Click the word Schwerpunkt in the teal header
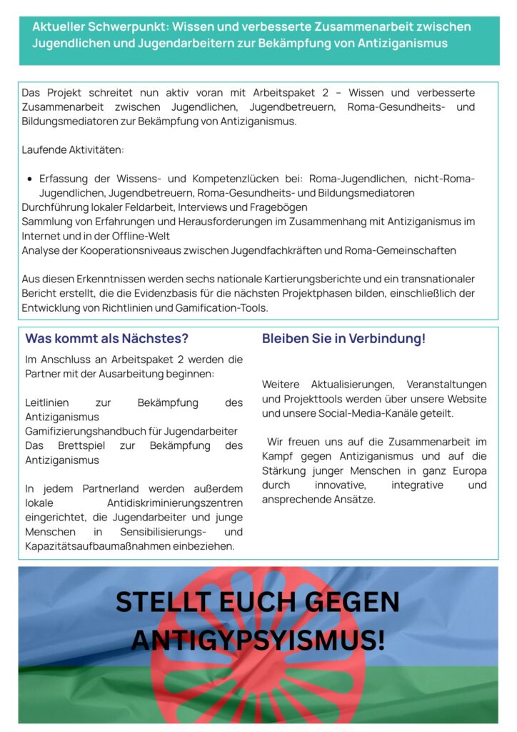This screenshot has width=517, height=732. tap(118, 26)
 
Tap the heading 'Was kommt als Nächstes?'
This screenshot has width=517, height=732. tap(106, 339)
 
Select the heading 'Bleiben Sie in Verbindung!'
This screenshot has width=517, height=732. tap(343, 339)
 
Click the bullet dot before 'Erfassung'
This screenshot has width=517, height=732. tap(29, 179)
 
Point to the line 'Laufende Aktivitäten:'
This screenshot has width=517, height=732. tap(73, 150)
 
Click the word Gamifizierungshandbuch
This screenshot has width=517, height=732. tap(86, 431)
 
